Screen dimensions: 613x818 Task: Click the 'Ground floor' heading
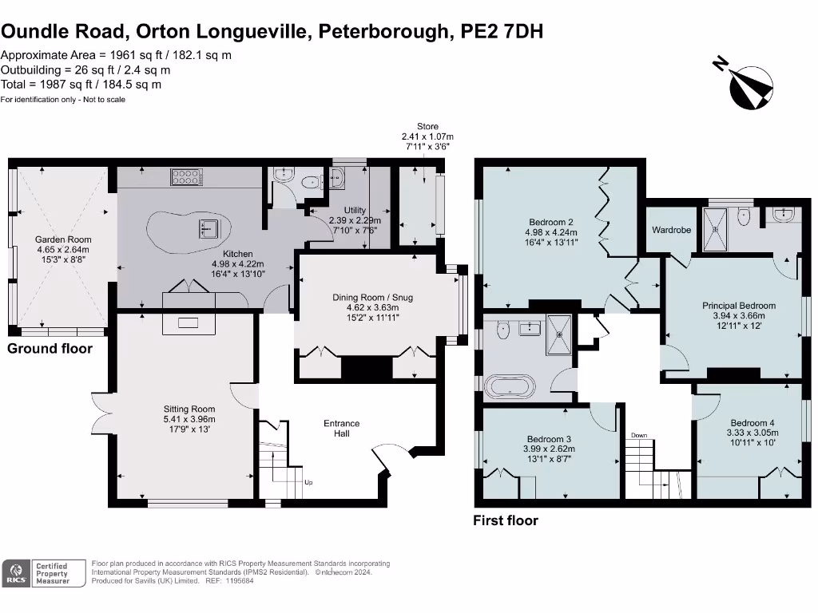pyautogui.click(x=50, y=349)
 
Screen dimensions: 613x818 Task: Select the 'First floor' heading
pyautogui.click(x=506, y=520)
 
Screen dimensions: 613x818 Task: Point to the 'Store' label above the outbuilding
pyautogui.click(x=427, y=126)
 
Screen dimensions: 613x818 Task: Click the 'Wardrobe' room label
pyautogui.click(x=671, y=230)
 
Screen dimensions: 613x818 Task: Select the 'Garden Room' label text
pyautogui.click(x=63, y=239)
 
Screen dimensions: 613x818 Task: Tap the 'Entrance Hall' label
pyautogui.click(x=341, y=429)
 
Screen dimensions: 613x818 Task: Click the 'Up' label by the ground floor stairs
pyautogui.click(x=309, y=483)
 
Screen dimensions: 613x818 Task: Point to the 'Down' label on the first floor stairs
pyautogui.click(x=639, y=436)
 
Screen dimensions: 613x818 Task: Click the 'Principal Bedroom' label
pyautogui.click(x=739, y=306)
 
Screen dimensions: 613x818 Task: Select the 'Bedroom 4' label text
pyautogui.click(x=752, y=423)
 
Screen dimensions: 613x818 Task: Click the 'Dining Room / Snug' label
pyautogui.click(x=373, y=298)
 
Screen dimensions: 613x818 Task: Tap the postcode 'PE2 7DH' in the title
pyautogui.click(x=504, y=31)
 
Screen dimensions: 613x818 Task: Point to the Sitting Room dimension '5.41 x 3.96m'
pyautogui.click(x=189, y=419)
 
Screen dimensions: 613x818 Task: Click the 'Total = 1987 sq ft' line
pyautogui.click(x=81, y=84)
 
